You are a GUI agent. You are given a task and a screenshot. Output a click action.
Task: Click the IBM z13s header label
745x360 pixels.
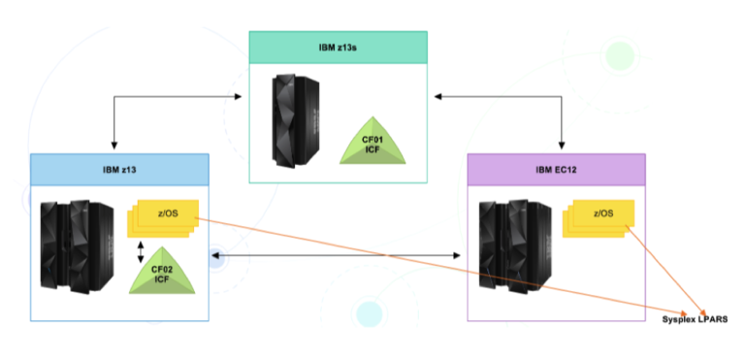pos(338,47)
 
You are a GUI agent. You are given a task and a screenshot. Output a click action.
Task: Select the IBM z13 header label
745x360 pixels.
pos(118,168)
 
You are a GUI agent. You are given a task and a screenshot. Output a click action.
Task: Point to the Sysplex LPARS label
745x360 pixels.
pos(695,319)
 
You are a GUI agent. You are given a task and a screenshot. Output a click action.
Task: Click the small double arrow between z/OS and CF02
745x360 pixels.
pos(142,252)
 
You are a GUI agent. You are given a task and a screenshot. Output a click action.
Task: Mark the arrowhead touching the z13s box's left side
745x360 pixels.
pos(243,96)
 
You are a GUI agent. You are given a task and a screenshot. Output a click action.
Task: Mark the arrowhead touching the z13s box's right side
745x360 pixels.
pos(434,96)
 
